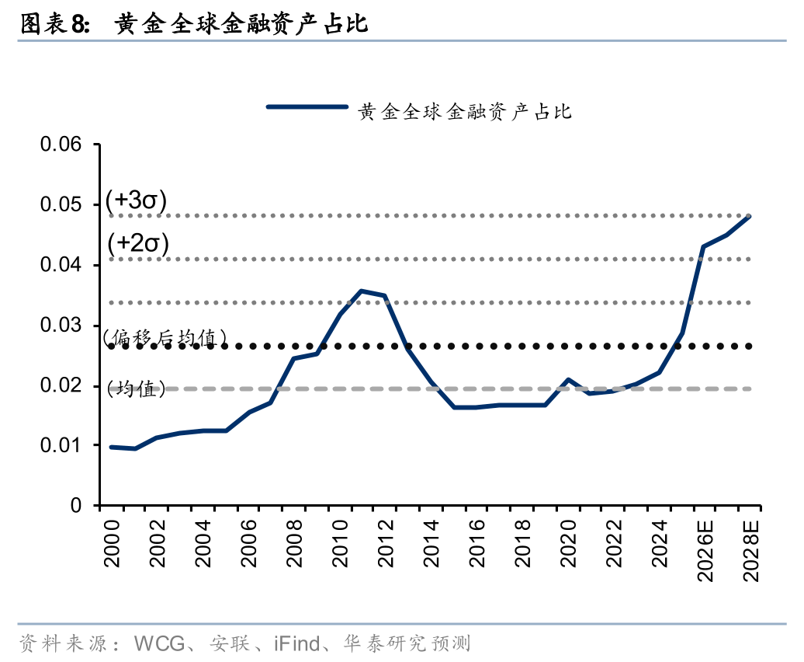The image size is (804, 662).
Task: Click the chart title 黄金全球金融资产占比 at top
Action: click(x=241, y=25)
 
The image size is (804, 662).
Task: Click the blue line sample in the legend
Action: click(x=306, y=107)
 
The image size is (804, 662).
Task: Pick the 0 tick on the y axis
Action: click(x=76, y=506)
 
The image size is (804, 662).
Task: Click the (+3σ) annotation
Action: click(x=137, y=200)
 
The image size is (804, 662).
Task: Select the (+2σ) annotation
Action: click(x=138, y=243)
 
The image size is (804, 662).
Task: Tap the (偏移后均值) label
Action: click(x=165, y=336)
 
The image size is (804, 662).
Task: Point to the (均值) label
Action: click(x=137, y=389)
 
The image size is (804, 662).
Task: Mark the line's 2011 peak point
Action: click(x=361, y=291)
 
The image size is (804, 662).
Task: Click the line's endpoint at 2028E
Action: click(x=750, y=216)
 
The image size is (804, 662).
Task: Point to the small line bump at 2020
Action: click(x=568, y=380)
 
